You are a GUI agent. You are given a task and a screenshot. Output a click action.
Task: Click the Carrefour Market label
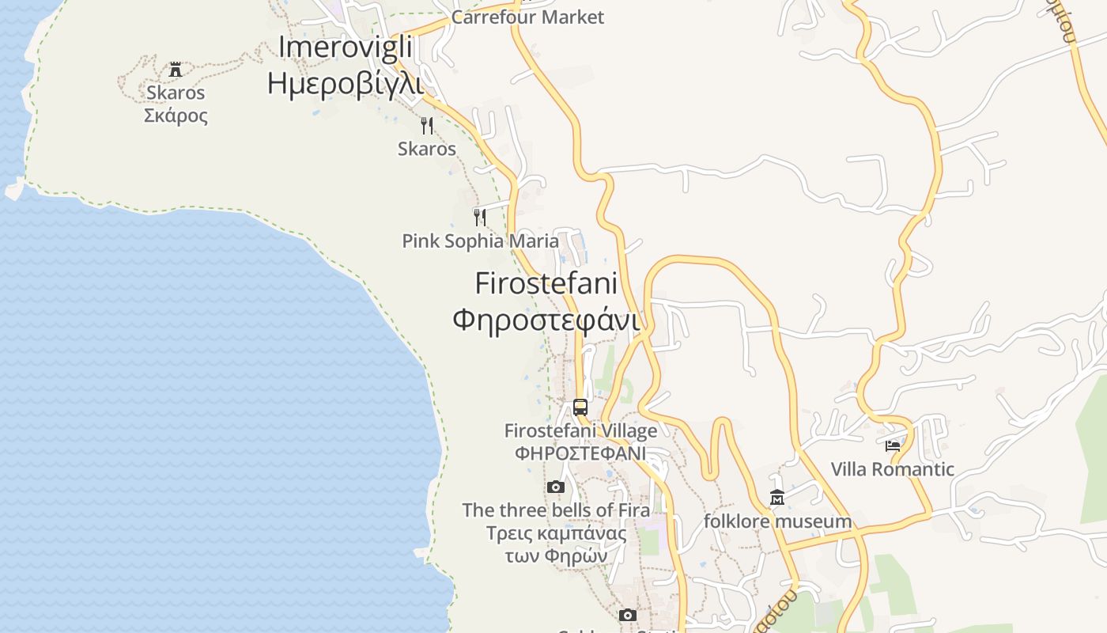(x=527, y=17)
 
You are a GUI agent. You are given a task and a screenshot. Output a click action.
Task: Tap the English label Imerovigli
(x=346, y=47)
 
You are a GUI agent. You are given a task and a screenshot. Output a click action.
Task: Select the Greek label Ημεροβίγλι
(x=346, y=82)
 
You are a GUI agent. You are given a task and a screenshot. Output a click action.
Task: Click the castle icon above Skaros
(x=176, y=70)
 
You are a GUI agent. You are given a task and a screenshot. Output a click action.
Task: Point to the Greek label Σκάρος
(x=176, y=116)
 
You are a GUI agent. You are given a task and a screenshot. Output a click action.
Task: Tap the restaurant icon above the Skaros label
(x=427, y=125)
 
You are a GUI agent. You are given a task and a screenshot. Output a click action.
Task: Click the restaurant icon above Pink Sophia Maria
(x=480, y=217)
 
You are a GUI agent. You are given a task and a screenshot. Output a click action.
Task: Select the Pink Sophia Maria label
(x=480, y=241)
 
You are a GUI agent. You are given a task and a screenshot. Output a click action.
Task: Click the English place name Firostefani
(x=546, y=282)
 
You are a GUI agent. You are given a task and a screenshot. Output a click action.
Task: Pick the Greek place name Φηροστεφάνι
(x=546, y=320)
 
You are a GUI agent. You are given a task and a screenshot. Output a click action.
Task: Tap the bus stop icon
(x=580, y=407)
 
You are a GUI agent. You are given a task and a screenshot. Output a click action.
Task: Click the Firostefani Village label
(x=580, y=431)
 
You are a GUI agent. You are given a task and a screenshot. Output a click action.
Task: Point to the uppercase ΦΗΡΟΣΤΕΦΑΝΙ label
(x=580, y=453)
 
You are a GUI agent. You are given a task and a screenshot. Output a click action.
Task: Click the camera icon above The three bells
(x=556, y=487)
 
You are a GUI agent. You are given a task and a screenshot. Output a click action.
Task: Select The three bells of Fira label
(x=556, y=510)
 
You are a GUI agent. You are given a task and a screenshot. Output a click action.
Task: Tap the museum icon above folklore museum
(x=777, y=498)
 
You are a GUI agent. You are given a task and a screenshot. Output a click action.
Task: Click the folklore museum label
(x=777, y=521)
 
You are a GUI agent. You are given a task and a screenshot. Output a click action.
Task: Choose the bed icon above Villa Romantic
(x=893, y=446)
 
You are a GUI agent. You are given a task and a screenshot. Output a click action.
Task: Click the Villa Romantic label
(x=893, y=469)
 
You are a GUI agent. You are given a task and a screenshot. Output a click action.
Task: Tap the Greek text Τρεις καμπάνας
(x=556, y=533)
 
